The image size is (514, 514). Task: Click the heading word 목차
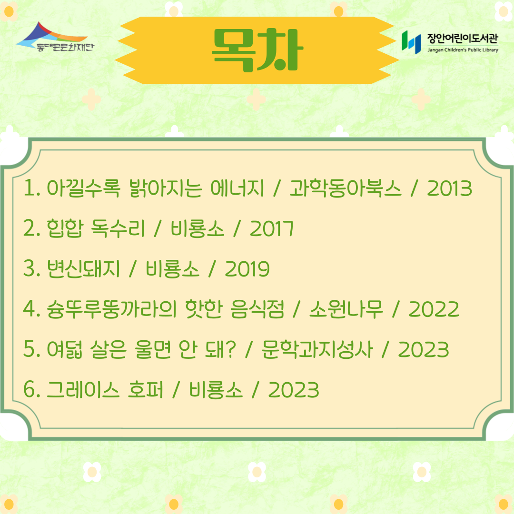[x=257, y=50]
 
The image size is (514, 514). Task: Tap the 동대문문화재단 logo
[x=55, y=37]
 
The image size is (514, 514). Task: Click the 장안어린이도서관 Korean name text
[x=463, y=39]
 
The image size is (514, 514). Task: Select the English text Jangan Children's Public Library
[x=463, y=50]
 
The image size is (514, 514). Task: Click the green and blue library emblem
[x=411, y=42]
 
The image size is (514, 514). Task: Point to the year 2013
[x=449, y=188]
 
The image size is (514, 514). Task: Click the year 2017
[x=271, y=228]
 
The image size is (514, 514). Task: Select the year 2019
[x=247, y=269]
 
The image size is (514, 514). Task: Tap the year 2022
[x=434, y=309]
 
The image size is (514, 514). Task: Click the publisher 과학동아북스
[x=345, y=188]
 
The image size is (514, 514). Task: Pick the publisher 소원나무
[x=346, y=309]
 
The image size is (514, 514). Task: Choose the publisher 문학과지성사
[x=317, y=349]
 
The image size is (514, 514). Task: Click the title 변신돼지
[x=83, y=269]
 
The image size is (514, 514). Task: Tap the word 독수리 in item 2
[x=118, y=228]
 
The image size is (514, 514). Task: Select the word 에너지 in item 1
[x=237, y=188]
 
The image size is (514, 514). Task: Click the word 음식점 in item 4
[x=257, y=309]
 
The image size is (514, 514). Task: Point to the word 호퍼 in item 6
[x=145, y=390]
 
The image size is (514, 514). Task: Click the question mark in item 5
[x=230, y=349]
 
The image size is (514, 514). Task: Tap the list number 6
[x=29, y=390]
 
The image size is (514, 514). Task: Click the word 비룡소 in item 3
[x=172, y=269]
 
